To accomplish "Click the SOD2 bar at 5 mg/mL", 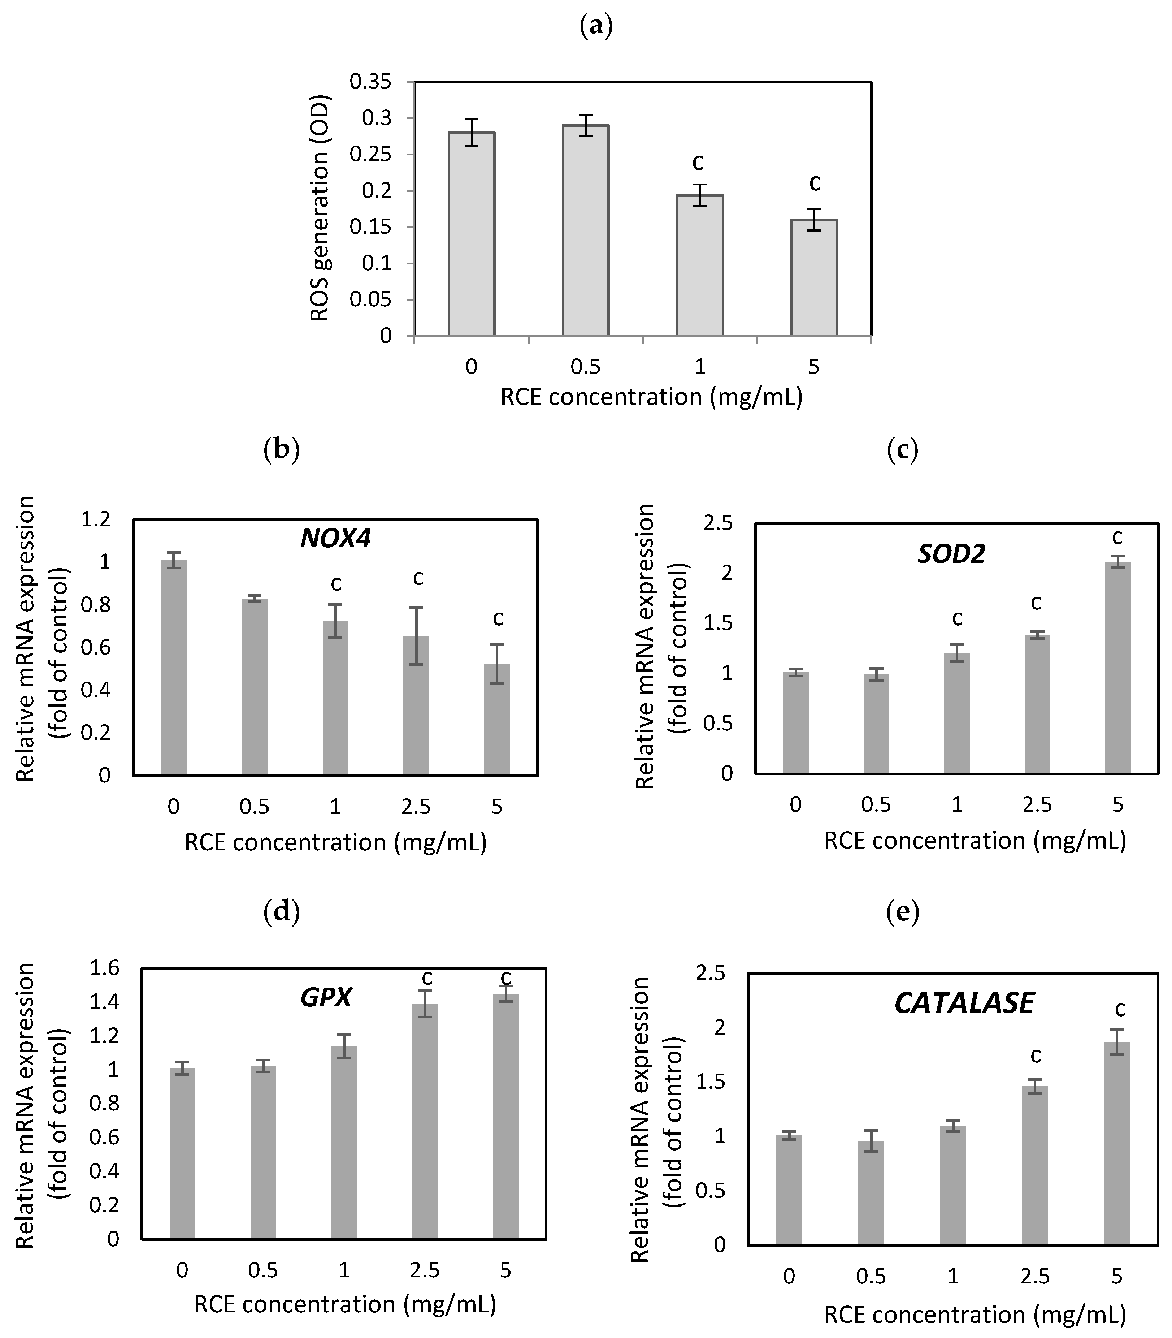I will coord(1118,667).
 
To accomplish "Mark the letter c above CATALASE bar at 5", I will coord(1120,1009).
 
